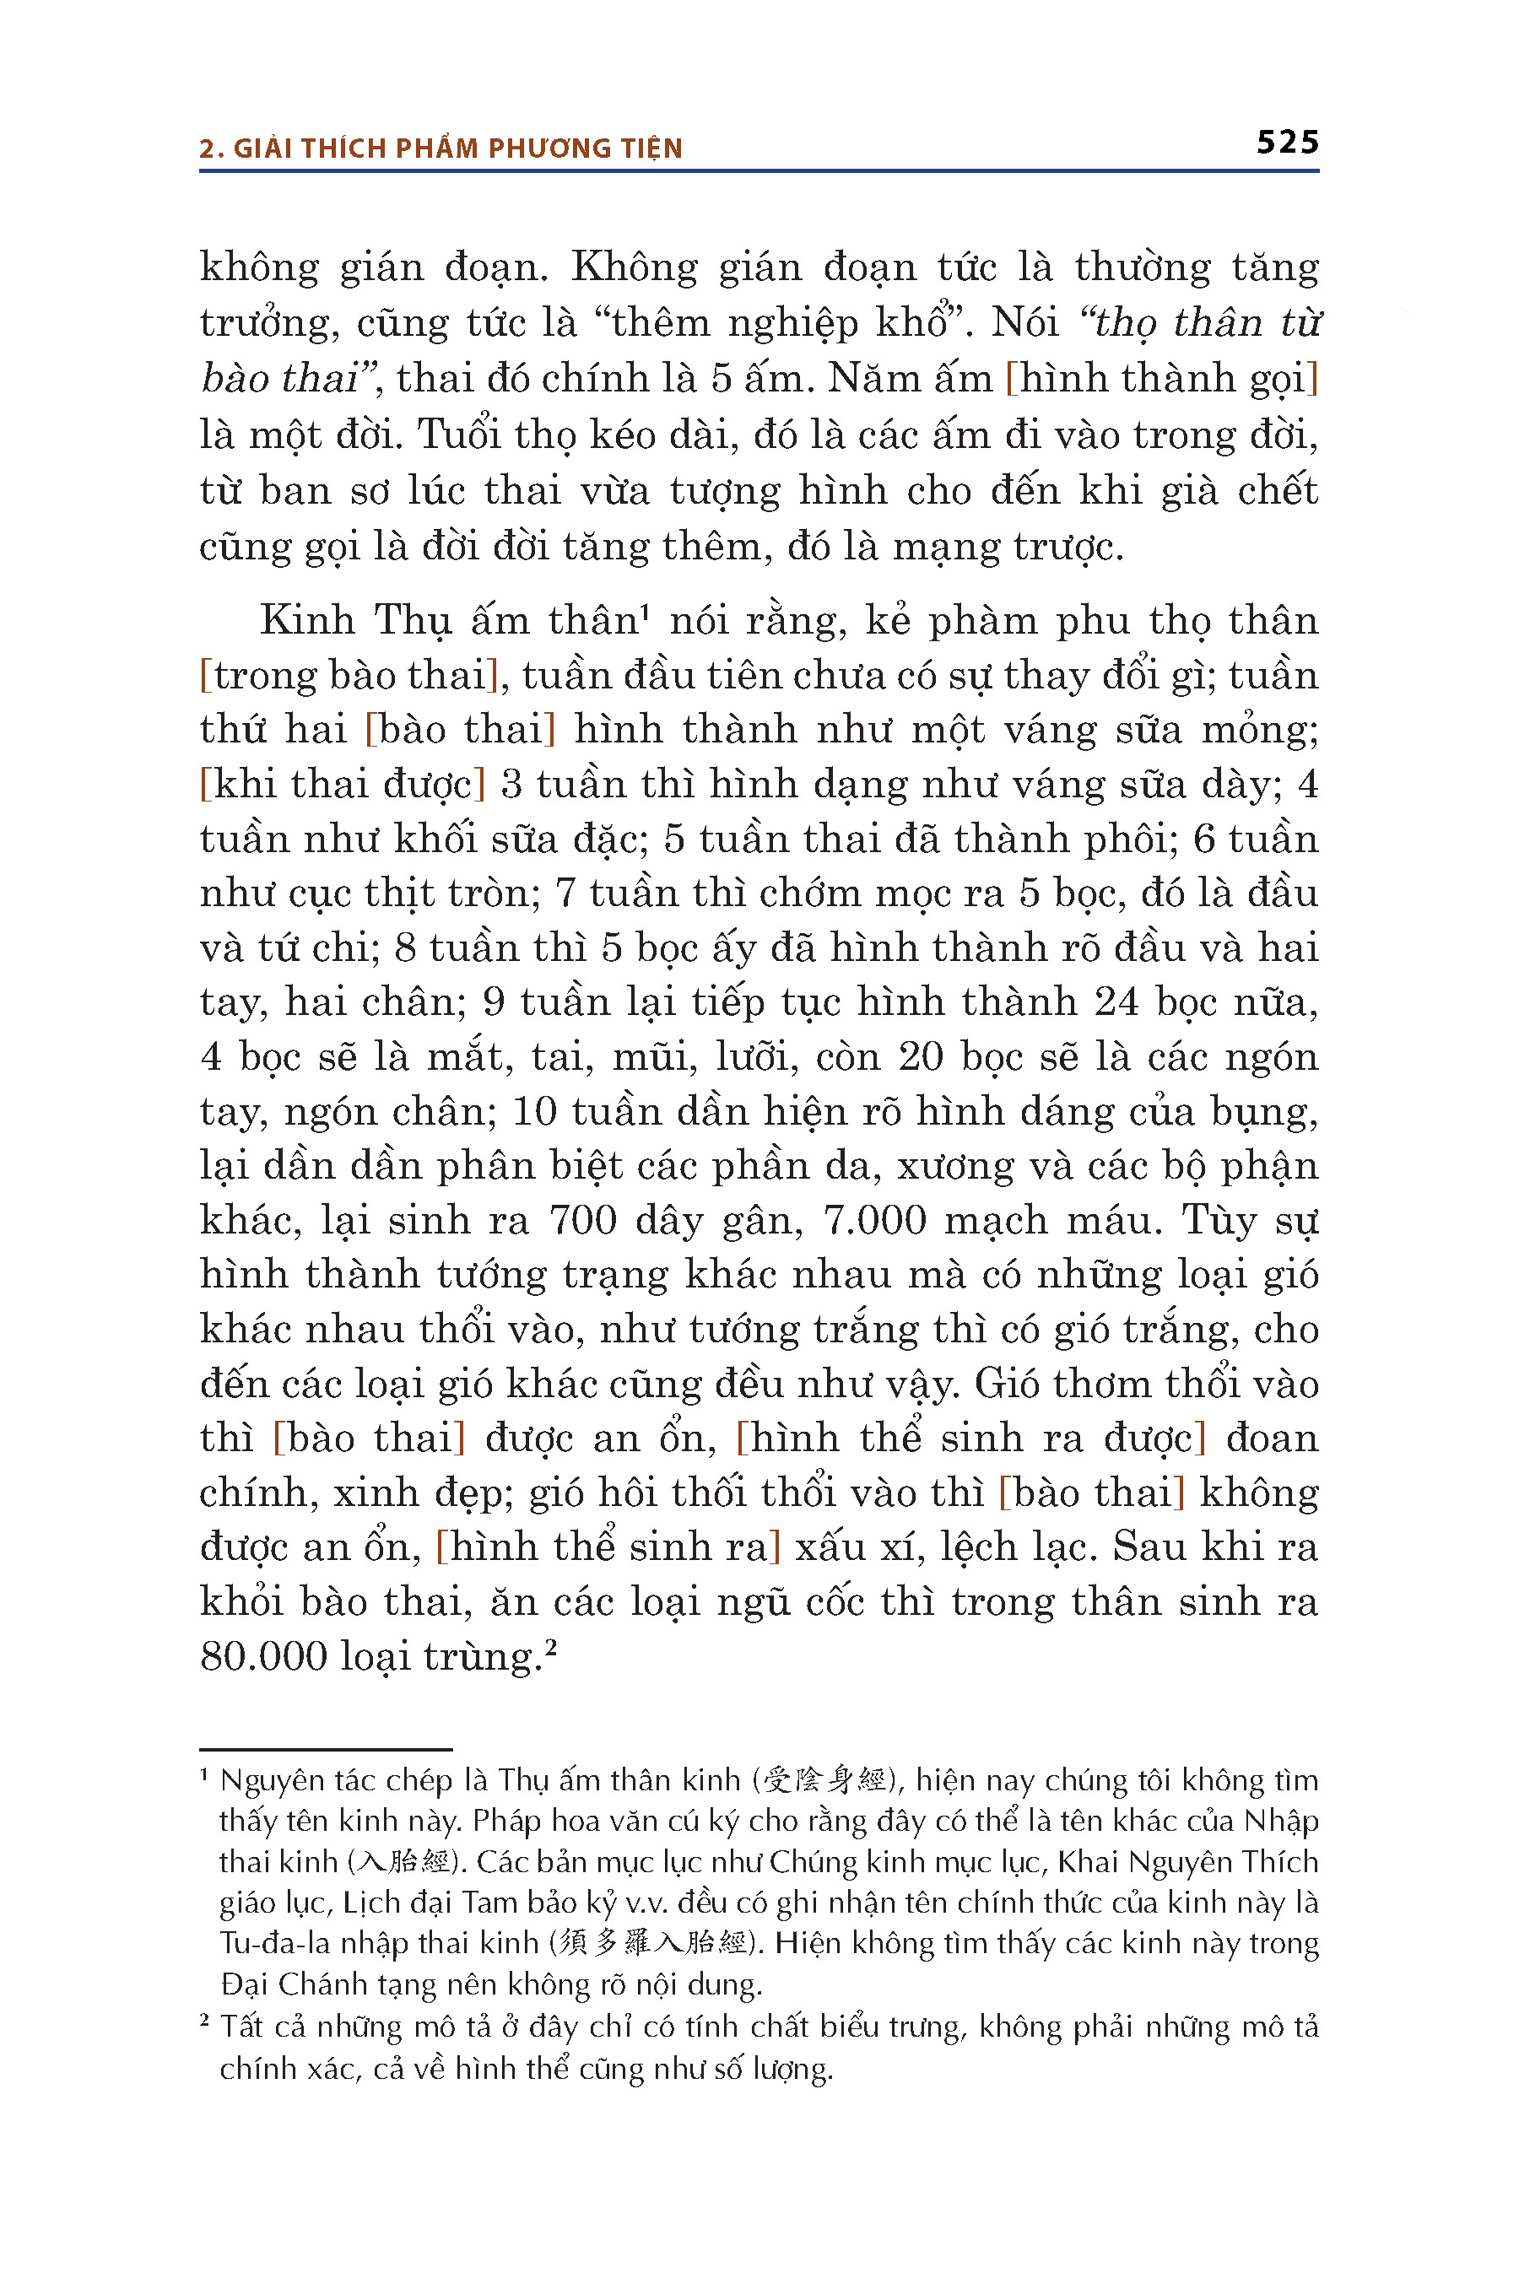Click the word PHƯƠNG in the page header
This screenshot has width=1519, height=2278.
tap(542, 148)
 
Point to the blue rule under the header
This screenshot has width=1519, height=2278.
tap(759, 171)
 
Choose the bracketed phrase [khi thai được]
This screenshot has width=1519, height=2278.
tap(342, 785)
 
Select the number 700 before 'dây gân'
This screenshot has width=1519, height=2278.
tap(582, 1220)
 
